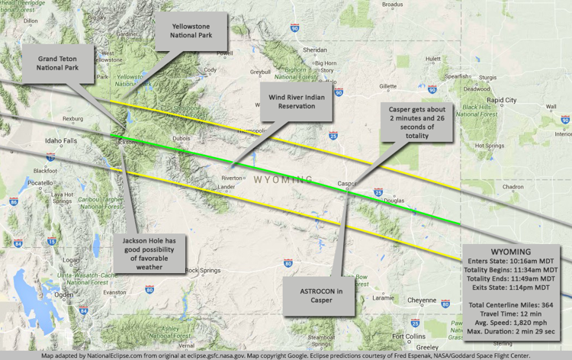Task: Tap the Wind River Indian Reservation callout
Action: [x=296, y=101]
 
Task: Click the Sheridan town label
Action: [x=314, y=50]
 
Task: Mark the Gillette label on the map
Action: [x=387, y=86]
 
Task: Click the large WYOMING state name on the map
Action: [x=282, y=179]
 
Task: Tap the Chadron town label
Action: [x=513, y=187]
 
